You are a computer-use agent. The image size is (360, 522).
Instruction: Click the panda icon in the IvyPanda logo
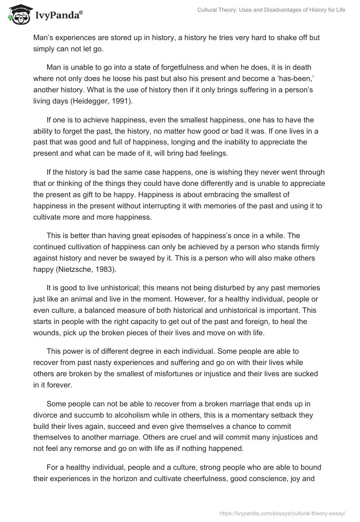[x=18, y=14]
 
